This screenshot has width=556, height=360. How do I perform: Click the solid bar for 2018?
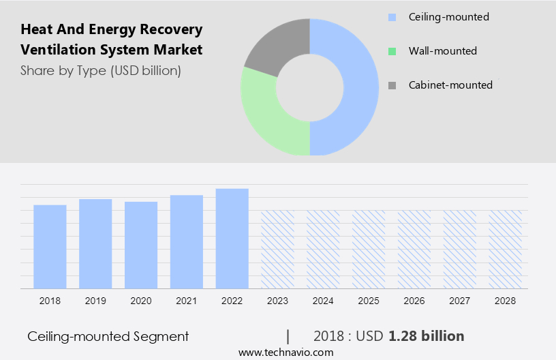tap(50, 246)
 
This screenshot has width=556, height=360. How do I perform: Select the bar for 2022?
tap(232, 238)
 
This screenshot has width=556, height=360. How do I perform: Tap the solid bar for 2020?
tap(141, 245)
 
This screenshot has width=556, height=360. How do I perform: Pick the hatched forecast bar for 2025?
tap(369, 249)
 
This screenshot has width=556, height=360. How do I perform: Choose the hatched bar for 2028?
tap(505, 249)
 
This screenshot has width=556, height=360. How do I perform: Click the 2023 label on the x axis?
tap(277, 301)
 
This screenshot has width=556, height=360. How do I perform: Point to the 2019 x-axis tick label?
tap(95, 301)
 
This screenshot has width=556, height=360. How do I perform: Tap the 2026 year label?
tap(414, 301)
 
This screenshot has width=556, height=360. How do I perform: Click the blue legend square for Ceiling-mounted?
tap(391, 17)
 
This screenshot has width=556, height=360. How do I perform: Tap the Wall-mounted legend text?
tap(442, 51)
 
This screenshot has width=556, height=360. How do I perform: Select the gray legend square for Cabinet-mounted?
tap(391, 85)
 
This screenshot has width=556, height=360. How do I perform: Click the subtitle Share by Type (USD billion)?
tap(101, 71)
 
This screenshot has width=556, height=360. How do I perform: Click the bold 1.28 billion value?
tap(427, 336)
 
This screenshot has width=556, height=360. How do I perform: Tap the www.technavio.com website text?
tap(285, 352)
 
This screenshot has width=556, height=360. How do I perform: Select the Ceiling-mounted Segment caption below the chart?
tap(108, 336)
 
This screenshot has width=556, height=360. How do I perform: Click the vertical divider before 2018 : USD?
tap(288, 336)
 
